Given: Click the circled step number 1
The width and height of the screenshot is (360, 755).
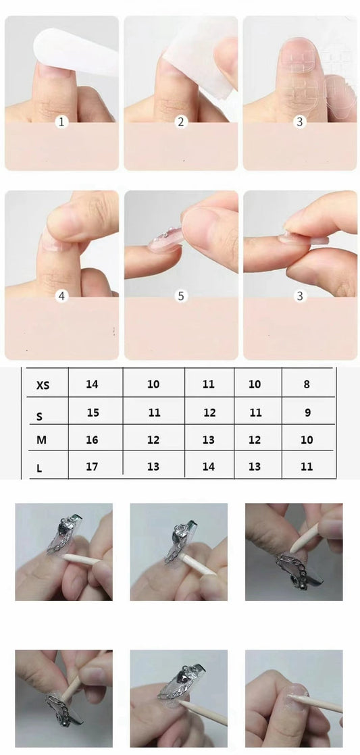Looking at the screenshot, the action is pyautogui.click(x=61, y=122).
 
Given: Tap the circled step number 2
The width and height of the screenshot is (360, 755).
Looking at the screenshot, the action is pyautogui.click(x=180, y=122).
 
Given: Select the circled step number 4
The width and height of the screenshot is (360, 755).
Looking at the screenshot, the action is pyautogui.click(x=61, y=296).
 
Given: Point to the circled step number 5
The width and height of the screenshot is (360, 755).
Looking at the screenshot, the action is pyautogui.click(x=180, y=296).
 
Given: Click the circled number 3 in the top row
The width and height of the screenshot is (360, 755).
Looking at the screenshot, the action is pyautogui.click(x=299, y=122).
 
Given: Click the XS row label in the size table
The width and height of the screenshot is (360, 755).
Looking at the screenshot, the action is pyautogui.click(x=43, y=385).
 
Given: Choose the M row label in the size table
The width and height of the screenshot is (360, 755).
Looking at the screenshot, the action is pyautogui.click(x=42, y=440).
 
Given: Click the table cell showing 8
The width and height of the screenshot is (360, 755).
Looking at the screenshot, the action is pyautogui.click(x=307, y=384).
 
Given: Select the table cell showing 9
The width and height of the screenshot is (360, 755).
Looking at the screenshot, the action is pyautogui.click(x=307, y=413).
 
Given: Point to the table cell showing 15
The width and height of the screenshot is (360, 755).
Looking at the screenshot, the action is pyautogui.click(x=93, y=413).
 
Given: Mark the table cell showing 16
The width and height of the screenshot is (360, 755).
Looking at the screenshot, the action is pyautogui.click(x=92, y=440).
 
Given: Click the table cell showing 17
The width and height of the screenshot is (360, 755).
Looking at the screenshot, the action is pyautogui.click(x=92, y=466).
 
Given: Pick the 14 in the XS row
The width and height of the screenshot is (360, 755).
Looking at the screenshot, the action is pyautogui.click(x=93, y=384).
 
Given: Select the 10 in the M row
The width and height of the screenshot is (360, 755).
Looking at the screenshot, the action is pyautogui.click(x=307, y=440).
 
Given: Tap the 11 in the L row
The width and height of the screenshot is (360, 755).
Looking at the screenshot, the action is pyautogui.click(x=307, y=466).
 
